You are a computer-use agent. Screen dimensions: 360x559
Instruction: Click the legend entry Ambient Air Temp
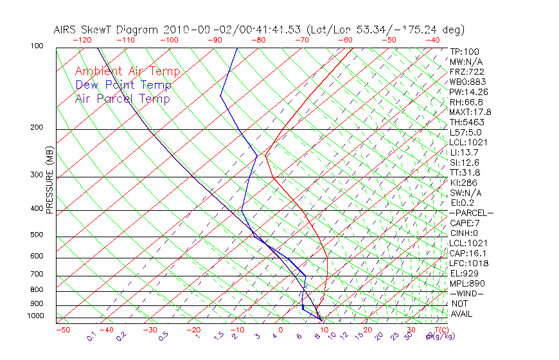127,71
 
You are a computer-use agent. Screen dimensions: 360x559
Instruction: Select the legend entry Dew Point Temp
123,85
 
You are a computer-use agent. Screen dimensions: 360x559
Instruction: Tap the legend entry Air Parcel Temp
122,98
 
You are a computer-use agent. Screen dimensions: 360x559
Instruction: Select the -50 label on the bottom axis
62,330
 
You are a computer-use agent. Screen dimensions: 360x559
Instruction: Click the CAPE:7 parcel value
465,223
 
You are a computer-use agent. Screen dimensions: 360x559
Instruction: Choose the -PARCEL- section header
471,213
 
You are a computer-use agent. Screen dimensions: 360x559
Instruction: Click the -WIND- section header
466,293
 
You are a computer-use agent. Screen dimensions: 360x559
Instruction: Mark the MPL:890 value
467,283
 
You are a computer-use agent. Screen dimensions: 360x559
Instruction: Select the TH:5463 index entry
467,122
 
